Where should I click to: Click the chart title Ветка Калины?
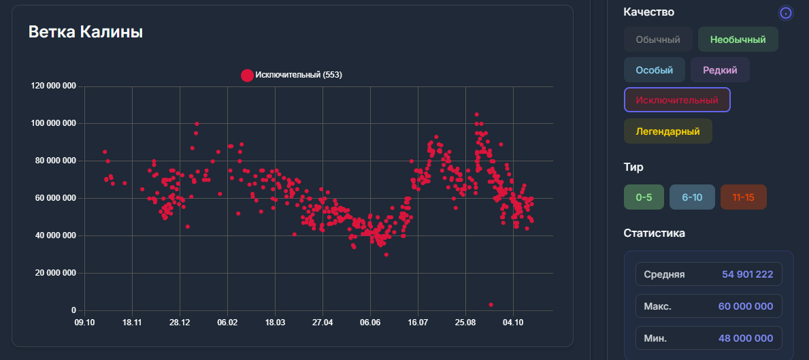[x=85, y=32]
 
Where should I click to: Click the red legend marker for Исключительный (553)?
[x=247, y=75]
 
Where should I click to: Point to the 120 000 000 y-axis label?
[x=53, y=86]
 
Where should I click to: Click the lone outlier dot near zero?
[x=491, y=305]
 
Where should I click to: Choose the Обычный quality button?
[x=658, y=39]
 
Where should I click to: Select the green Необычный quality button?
[x=738, y=39]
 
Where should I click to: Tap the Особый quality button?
[x=654, y=70]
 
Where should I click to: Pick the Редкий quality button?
[x=720, y=70]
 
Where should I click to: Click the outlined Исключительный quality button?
[x=676, y=100]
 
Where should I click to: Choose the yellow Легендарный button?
[x=667, y=131]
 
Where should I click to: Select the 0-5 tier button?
[x=644, y=197]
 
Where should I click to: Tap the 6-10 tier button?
[x=692, y=197]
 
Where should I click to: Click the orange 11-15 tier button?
[x=743, y=197]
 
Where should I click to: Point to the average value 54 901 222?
[x=747, y=274]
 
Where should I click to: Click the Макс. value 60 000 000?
[x=745, y=306]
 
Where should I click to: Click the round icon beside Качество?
[x=786, y=12]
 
